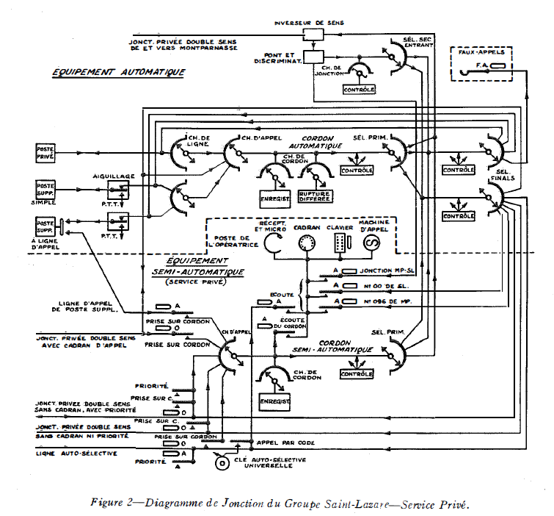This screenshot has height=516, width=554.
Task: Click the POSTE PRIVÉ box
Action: pos(45,153)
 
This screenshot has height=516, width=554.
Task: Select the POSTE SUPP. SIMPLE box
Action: pos(45,190)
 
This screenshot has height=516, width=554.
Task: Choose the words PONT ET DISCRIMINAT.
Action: pos(280,57)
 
